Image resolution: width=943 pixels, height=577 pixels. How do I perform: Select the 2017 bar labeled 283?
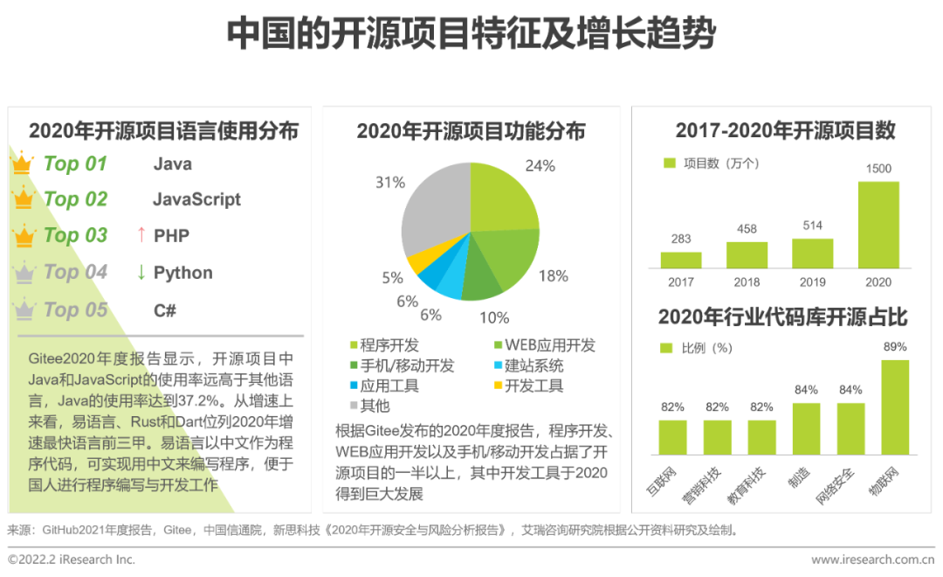coord(681,260)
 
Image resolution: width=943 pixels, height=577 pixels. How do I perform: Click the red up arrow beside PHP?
coord(140,235)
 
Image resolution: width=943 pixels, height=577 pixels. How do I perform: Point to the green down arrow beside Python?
coord(141,272)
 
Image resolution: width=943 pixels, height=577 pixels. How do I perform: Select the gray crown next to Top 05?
coord(24,309)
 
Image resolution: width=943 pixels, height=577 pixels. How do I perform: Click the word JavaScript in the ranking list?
coord(196,199)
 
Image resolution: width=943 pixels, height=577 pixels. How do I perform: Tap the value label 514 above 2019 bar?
coord(812,226)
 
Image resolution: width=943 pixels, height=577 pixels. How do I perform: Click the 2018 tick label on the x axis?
coord(747,282)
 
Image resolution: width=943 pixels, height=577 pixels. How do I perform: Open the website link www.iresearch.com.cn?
coord(872,560)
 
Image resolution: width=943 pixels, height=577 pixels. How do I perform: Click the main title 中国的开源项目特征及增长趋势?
coord(471,35)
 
